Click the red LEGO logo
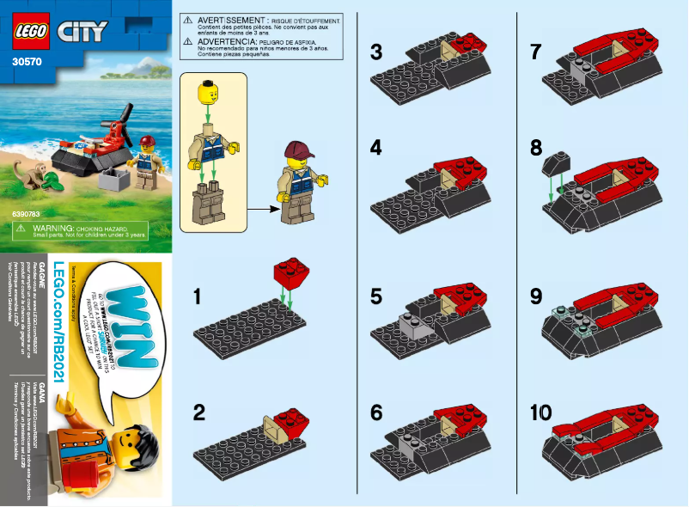(x=31, y=33)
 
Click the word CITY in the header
(x=81, y=33)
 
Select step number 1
(x=198, y=296)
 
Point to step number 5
(x=375, y=296)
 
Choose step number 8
(x=537, y=148)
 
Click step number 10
(x=541, y=413)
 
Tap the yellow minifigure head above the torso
(x=206, y=90)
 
